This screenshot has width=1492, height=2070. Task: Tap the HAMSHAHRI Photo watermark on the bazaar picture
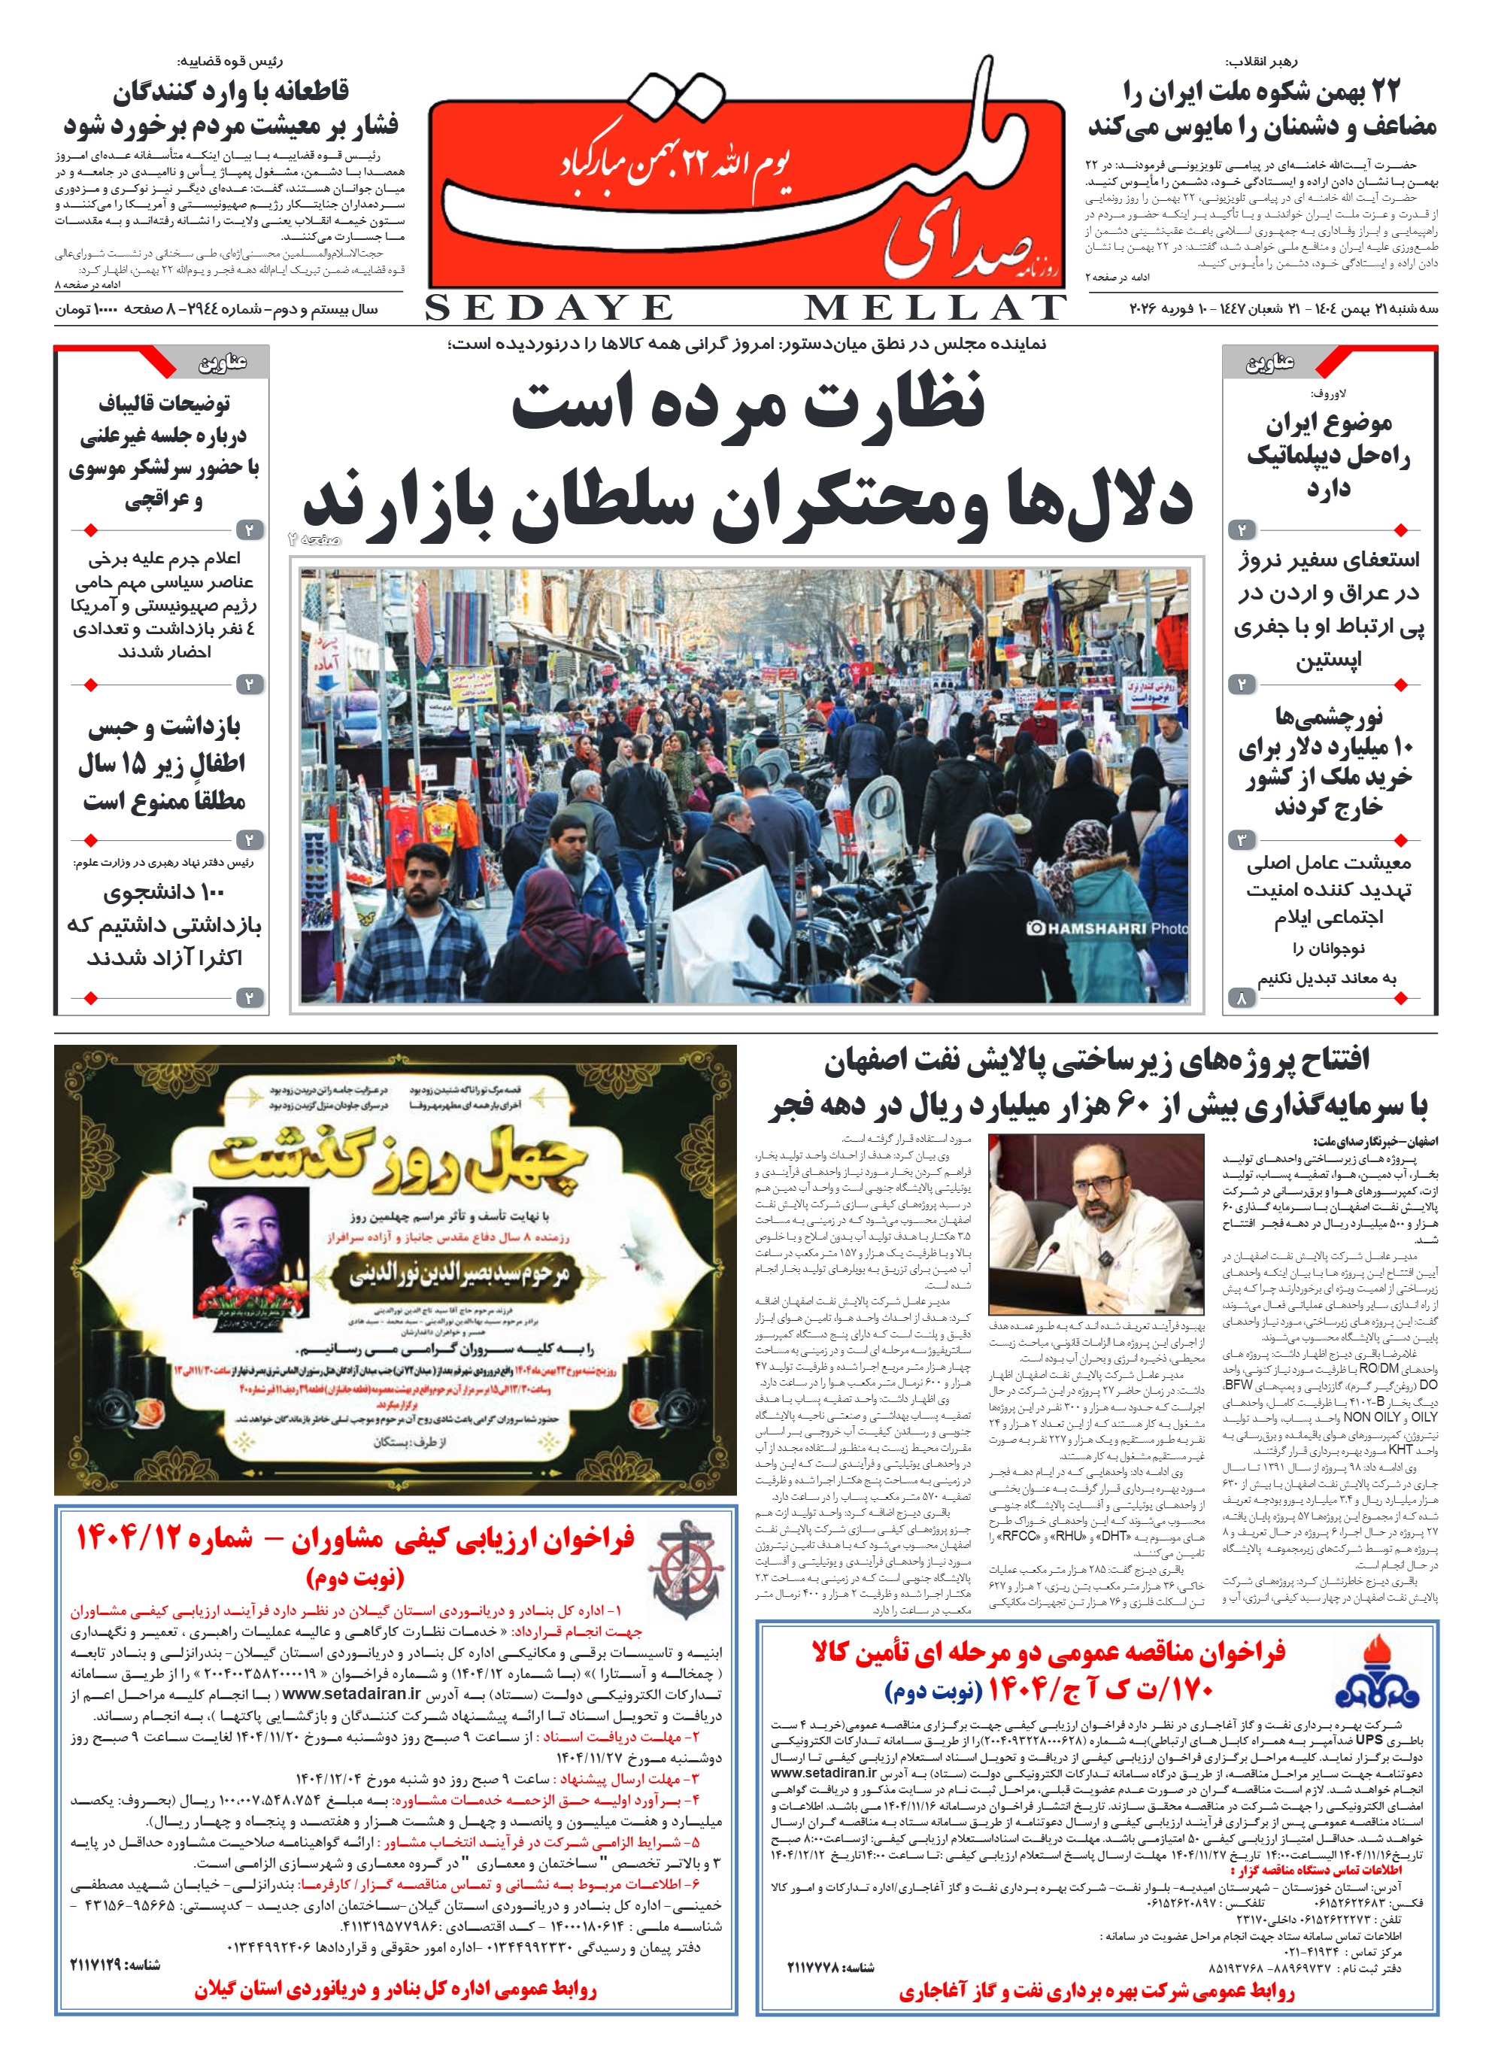pyautogui.click(x=1108, y=928)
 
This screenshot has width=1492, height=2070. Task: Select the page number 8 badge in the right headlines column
pyautogui.click(x=1241, y=998)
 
